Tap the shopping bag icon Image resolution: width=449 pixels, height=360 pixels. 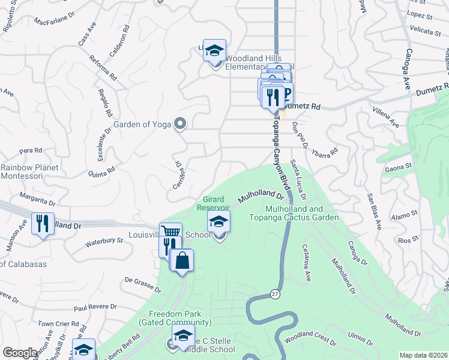181,260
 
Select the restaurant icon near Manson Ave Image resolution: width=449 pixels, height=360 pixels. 43,223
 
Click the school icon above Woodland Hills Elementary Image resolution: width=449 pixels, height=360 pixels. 214,52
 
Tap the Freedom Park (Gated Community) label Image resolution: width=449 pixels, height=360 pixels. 175,318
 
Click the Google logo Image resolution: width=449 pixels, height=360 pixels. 20,353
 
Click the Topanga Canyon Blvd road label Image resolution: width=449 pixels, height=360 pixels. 279,150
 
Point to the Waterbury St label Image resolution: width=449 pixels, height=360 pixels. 103,241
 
